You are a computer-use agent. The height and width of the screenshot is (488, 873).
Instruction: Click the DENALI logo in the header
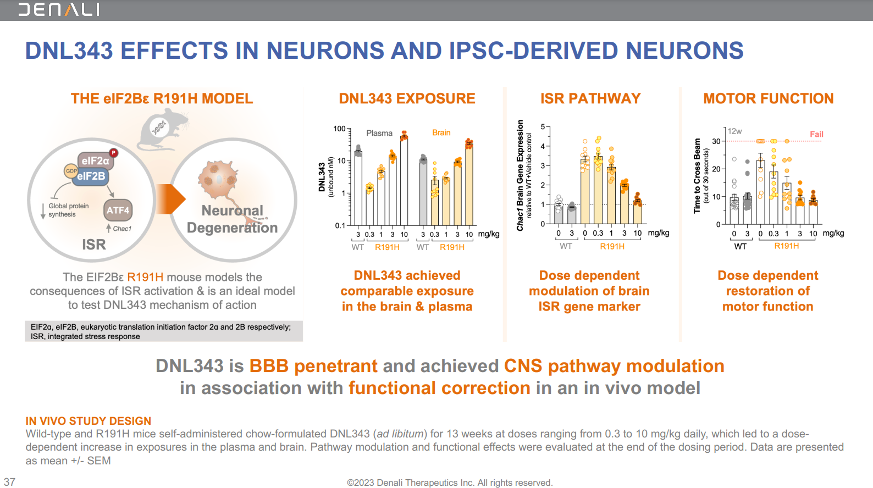(59, 9)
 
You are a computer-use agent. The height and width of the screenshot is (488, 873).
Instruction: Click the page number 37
(10, 481)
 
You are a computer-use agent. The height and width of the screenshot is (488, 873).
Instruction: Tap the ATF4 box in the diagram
(118, 210)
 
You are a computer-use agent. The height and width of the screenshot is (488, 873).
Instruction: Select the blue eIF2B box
(91, 176)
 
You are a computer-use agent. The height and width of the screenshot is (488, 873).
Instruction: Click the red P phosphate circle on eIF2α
(113, 153)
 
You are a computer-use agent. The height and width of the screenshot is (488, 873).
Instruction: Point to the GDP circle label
(71, 171)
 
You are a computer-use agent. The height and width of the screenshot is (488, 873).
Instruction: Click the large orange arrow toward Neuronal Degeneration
(171, 199)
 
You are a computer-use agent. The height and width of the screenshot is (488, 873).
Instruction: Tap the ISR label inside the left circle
(93, 245)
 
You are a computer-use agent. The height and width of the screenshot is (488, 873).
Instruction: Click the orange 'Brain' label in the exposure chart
(441, 132)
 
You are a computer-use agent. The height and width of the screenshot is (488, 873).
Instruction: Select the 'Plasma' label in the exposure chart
(379, 133)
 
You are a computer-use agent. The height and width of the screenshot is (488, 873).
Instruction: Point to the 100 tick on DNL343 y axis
(339, 129)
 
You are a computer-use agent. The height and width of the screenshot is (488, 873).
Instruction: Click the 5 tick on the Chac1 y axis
(543, 127)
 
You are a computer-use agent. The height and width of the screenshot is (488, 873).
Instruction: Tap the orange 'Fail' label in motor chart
(816, 134)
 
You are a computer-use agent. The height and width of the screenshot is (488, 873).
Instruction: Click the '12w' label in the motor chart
(734, 131)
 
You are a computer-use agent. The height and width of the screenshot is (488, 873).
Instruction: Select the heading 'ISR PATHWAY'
(590, 98)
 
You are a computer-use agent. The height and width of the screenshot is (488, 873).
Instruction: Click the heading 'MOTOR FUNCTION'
(768, 98)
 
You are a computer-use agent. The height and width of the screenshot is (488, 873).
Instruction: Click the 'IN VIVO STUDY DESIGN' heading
(89, 421)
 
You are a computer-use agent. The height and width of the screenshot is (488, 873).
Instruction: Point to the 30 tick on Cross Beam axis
(716, 141)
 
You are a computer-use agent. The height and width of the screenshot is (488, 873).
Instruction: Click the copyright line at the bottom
(449, 483)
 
